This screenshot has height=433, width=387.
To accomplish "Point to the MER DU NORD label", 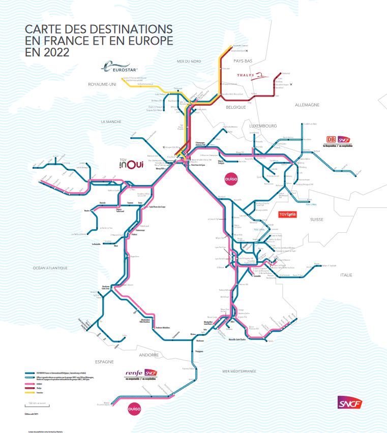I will click(189, 61).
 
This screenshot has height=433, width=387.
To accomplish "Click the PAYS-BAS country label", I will click(243, 61).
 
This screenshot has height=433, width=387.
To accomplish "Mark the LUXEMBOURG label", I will click(263, 125).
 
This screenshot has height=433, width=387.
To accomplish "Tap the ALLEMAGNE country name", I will click(307, 105).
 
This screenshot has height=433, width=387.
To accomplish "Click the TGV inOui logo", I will click(131, 163).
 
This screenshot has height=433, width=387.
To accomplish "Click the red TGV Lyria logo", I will click(287, 214).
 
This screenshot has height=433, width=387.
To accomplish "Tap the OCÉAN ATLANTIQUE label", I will click(50, 267).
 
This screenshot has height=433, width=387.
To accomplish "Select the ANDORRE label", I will click(149, 355).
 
